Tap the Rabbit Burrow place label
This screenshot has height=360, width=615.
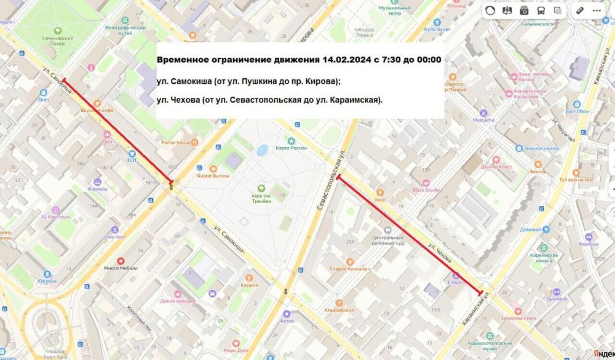click(213, 176)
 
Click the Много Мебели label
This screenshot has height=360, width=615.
click(119, 268)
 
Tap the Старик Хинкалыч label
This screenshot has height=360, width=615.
click(366, 269)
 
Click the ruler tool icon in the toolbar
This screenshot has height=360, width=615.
click(579, 10)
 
